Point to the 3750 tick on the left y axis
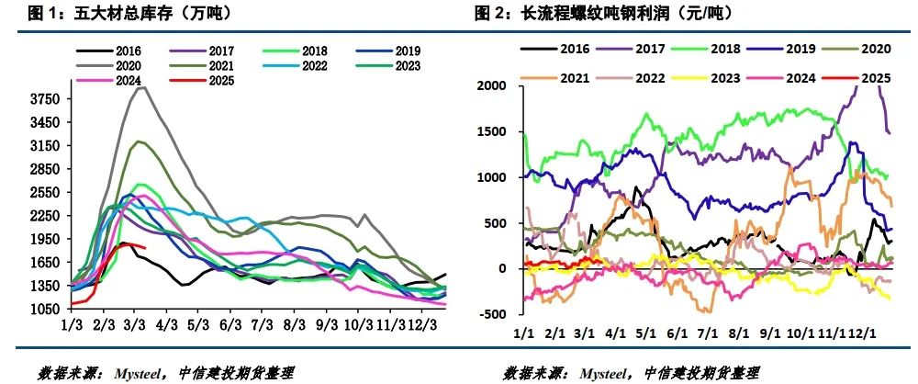(46, 99)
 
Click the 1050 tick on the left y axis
(46, 310)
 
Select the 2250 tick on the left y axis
(46, 216)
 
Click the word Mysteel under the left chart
(139, 373)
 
